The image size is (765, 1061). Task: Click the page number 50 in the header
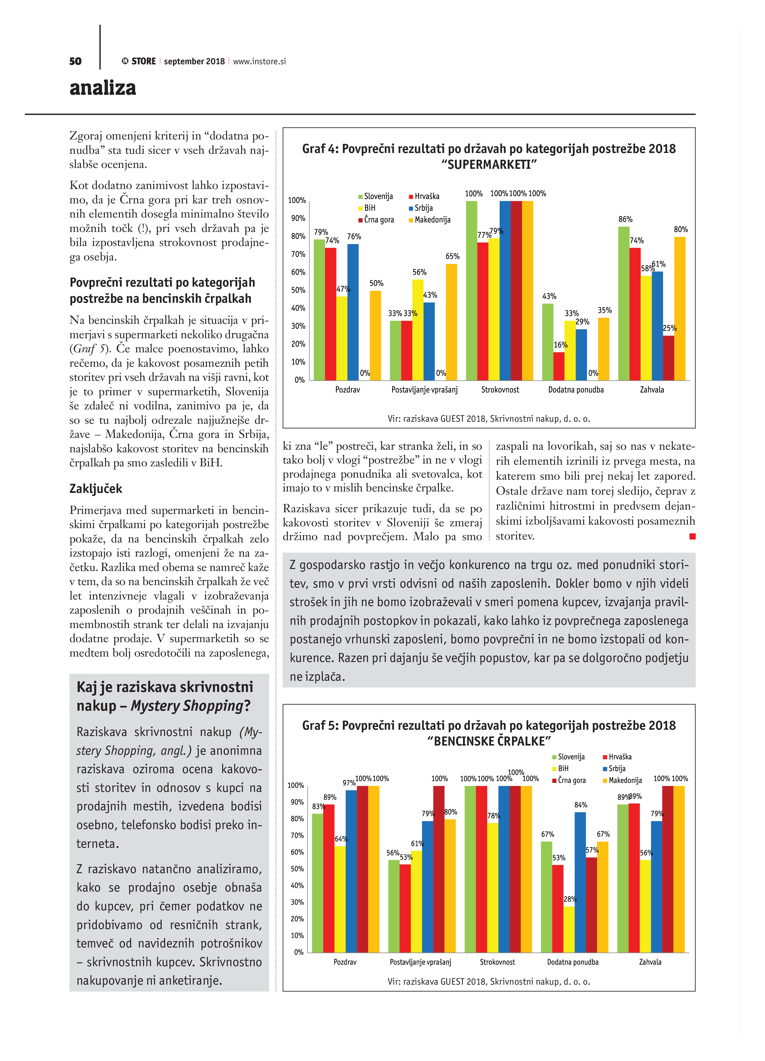(75, 61)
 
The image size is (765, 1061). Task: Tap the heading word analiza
(103, 88)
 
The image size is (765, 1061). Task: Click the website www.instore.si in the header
(259, 61)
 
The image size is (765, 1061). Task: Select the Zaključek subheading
(95, 489)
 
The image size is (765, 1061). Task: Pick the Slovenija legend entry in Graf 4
(376, 196)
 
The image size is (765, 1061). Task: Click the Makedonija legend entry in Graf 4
(430, 220)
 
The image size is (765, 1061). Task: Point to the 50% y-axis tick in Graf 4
(298, 290)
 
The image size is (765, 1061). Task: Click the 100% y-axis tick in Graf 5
(296, 786)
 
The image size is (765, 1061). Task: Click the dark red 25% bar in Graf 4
(668, 358)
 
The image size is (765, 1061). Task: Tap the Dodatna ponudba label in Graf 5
(573, 962)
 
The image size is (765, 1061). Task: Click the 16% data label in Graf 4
(560, 345)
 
